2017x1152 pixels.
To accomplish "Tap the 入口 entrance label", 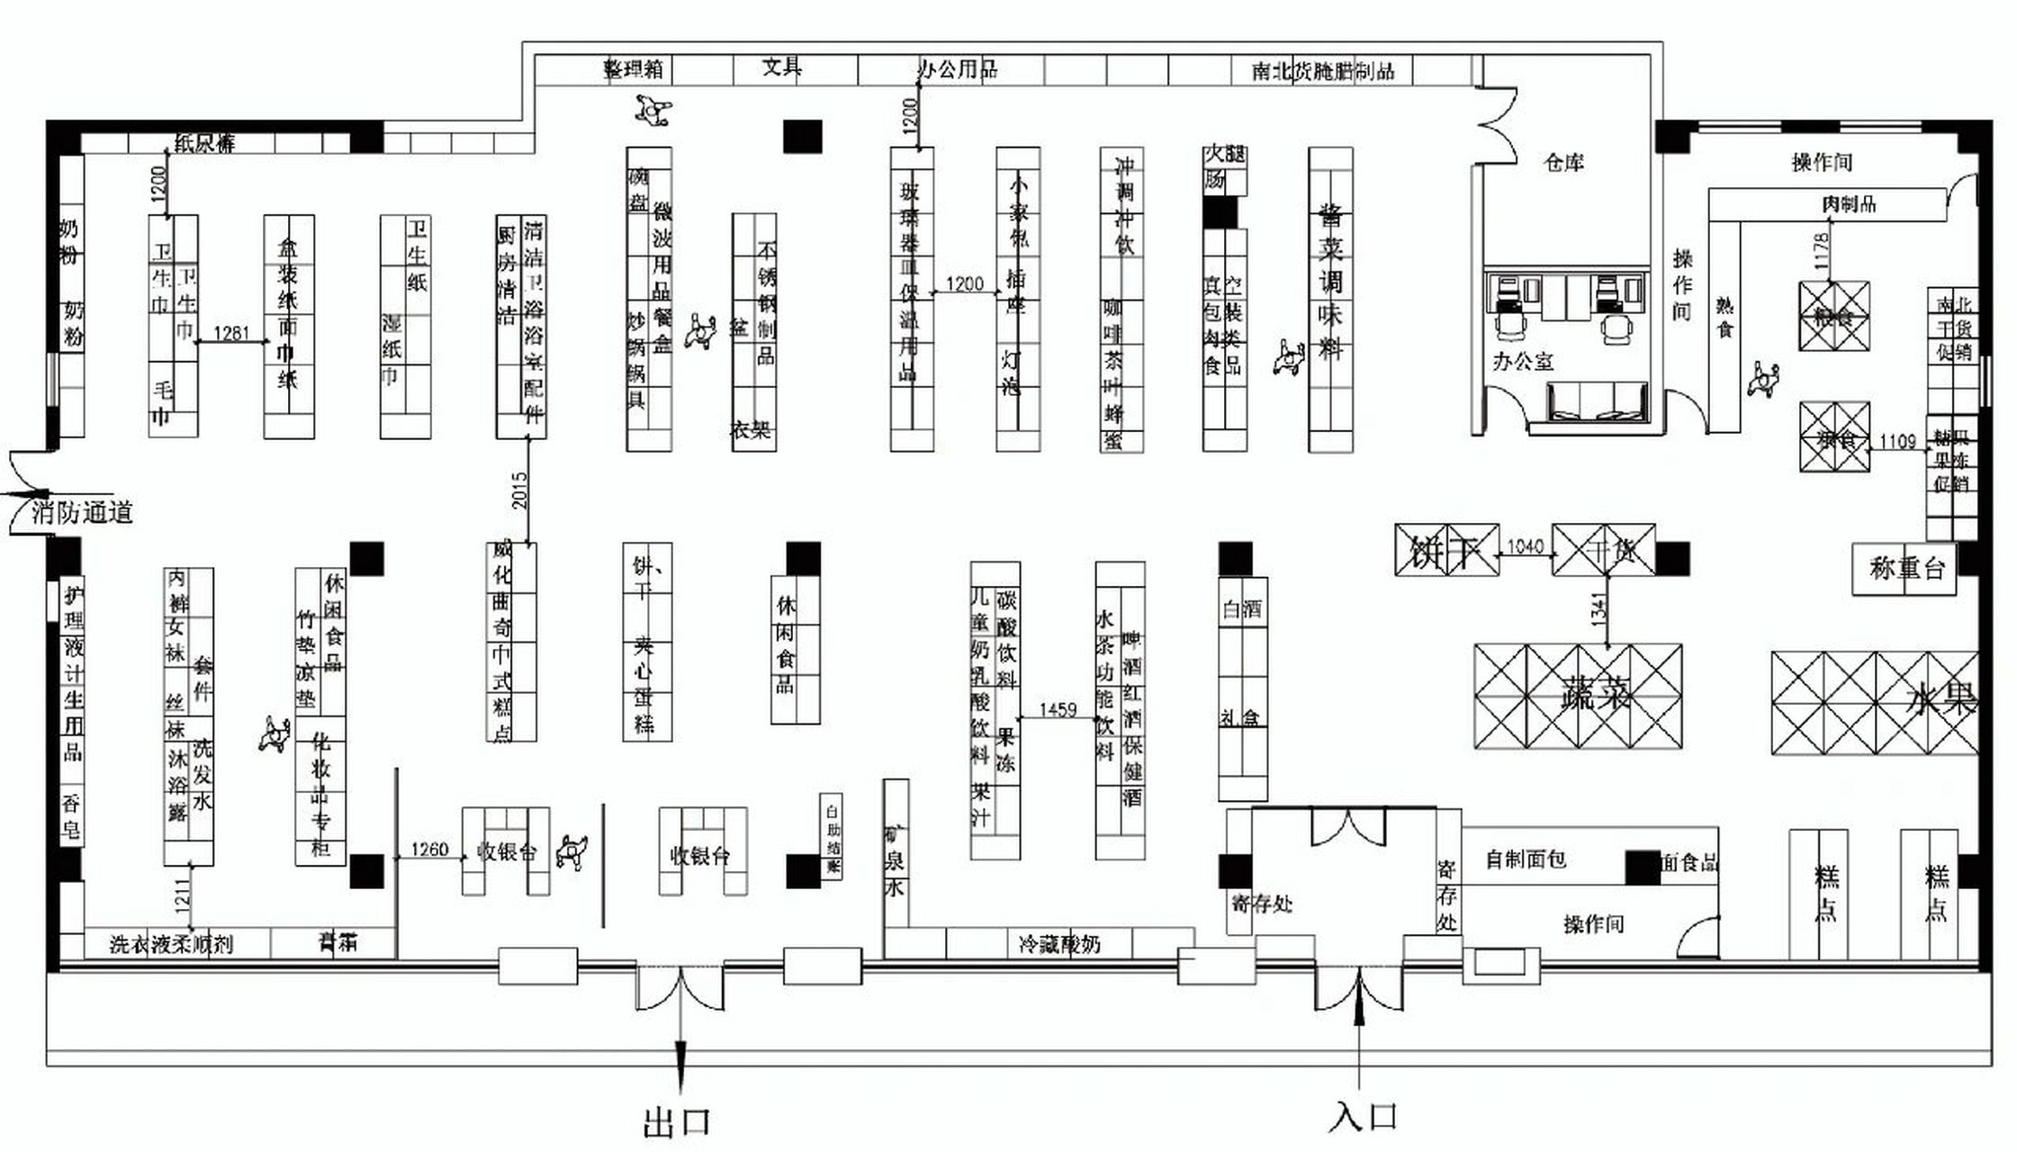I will (1363, 1117).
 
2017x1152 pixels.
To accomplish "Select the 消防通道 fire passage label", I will (83, 513).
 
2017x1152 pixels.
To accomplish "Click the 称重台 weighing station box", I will (1905, 568).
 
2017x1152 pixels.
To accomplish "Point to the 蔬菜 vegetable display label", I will (1595, 696).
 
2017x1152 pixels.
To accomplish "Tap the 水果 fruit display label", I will (1940, 699).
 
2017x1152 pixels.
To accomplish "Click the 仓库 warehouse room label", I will (1563, 163).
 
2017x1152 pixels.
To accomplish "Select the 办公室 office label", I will (1523, 362).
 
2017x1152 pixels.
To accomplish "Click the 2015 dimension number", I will (520, 490).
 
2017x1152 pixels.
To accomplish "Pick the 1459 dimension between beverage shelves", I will (1058, 709).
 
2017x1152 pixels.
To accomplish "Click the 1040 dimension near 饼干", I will (1525, 546).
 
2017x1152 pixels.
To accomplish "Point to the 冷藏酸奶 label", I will (1058, 944).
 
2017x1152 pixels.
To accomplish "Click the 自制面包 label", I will (1526, 859).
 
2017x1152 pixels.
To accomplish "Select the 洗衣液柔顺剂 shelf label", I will (171, 944).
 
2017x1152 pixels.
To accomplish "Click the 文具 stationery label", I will (781, 67).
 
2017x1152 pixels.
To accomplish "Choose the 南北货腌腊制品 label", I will (1322, 71).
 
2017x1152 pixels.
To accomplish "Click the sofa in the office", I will (1598, 401).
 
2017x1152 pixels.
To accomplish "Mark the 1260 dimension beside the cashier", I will (429, 849).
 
